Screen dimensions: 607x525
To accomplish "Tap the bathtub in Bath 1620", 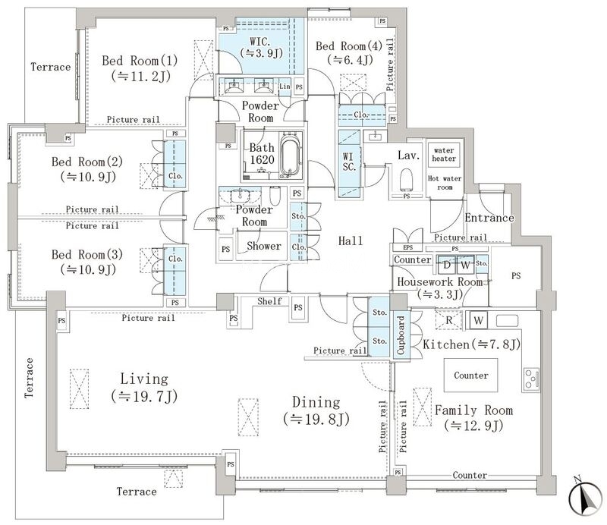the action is click(290, 156).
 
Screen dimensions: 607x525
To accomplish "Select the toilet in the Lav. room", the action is click(407, 180).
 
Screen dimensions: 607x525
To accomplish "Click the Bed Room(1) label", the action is click(140, 61).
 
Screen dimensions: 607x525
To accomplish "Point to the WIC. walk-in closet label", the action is click(260, 41).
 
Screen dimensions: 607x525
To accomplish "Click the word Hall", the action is click(351, 240).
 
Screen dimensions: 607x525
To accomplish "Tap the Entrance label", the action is click(489, 218).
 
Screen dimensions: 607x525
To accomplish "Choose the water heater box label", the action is click(444, 155).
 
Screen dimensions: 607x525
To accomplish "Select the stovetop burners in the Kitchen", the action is click(531, 379).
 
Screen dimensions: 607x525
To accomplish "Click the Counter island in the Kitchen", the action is click(470, 376).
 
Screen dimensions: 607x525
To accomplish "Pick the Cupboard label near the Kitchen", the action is click(401, 335).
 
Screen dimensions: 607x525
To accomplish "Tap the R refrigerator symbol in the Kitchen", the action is click(449, 320).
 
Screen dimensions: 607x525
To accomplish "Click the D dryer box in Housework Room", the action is click(447, 265).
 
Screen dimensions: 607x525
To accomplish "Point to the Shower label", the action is click(263, 246).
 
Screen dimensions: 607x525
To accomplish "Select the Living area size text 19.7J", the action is click(144, 397).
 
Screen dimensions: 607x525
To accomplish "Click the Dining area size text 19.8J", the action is click(316, 419).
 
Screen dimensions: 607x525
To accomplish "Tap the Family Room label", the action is click(473, 410).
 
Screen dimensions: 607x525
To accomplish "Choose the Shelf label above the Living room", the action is click(269, 301).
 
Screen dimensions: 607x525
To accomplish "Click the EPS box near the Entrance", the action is click(407, 247).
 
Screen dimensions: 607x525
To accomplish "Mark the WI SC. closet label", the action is click(348, 162).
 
